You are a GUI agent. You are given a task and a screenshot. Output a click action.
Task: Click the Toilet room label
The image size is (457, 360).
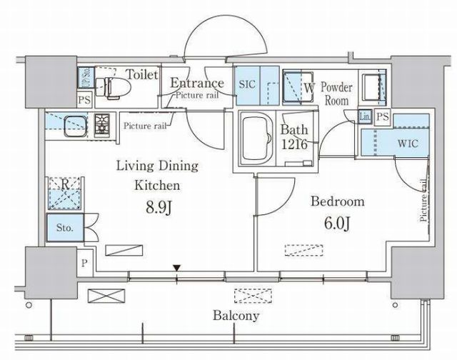tap(142, 74)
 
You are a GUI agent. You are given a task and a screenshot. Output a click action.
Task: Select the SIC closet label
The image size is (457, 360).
tap(247, 84)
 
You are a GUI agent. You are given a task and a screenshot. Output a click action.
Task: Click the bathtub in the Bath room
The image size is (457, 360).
tap(256, 139)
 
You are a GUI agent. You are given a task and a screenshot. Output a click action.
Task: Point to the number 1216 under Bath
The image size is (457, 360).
tap(294, 144)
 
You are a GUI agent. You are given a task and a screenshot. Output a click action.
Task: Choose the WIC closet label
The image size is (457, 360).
tap(408, 144)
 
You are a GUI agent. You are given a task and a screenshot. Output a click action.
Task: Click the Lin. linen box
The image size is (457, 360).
tap(365, 116)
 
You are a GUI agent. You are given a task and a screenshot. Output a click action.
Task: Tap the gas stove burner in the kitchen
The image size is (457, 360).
tap(101, 126)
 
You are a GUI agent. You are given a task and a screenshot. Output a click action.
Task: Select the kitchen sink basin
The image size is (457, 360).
tap(76, 126)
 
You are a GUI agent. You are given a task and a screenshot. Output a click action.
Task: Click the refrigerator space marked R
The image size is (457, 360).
tap(65, 194)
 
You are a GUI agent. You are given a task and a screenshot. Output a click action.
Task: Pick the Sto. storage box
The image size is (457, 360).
tap(65, 228)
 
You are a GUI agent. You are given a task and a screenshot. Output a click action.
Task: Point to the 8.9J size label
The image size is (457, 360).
tap(159, 208)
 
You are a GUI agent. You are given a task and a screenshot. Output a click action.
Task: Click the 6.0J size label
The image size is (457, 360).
tap(337, 224)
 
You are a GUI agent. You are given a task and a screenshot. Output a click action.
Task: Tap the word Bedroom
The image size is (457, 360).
tap(338, 201)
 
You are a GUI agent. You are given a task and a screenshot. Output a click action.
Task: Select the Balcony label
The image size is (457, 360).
tap(236, 316)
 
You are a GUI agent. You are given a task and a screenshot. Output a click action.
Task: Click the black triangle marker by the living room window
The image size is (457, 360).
tap(176, 268)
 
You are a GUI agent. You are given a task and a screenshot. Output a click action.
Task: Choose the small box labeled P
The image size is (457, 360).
tap(84, 264)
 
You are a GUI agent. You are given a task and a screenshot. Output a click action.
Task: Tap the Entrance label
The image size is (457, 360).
tap(197, 83)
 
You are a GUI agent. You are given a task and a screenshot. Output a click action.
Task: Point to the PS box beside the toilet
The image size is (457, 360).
tap(85, 100)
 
